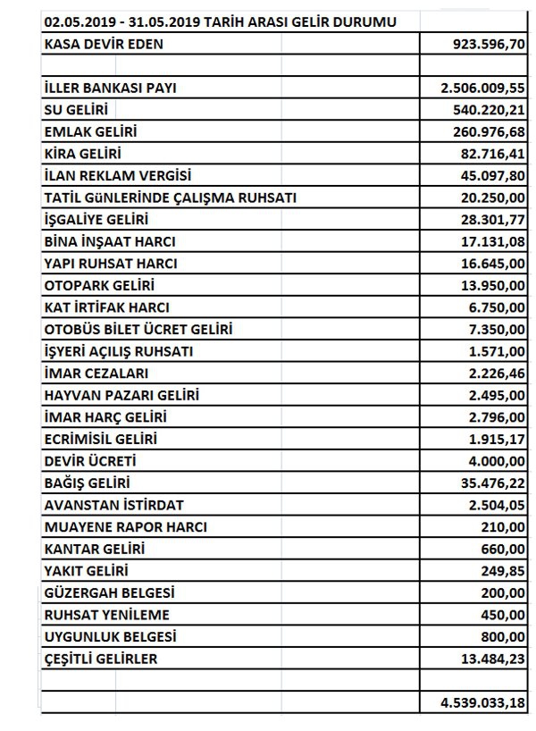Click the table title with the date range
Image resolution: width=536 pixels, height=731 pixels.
pos(221,21)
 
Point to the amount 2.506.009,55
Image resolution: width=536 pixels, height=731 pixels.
pos(482,88)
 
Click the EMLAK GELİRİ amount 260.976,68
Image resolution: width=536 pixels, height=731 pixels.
pos(487,131)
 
